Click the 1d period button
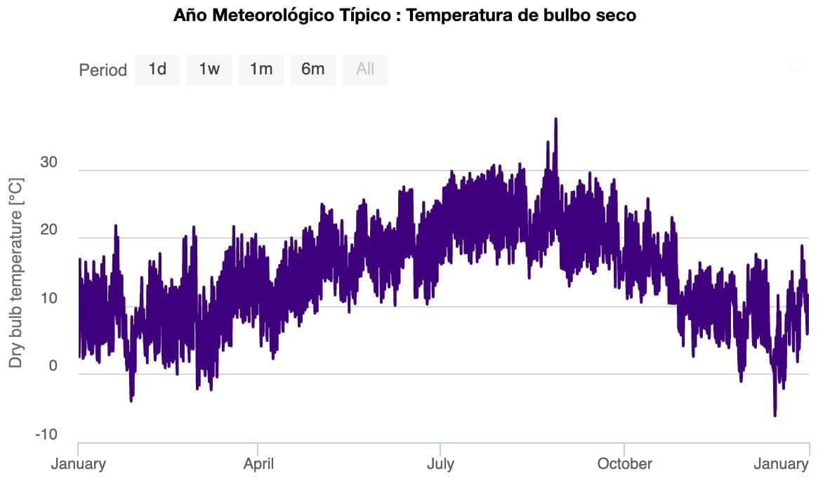(x=157, y=69)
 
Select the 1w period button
(x=209, y=69)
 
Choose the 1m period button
(x=261, y=69)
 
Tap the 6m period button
(x=313, y=69)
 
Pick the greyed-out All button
(x=365, y=69)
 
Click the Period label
(x=103, y=70)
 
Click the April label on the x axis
(x=258, y=464)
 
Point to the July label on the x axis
(x=440, y=464)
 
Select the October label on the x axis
(x=624, y=464)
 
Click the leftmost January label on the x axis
(x=78, y=464)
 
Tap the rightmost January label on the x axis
(x=781, y=464)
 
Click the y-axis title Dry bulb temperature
(x=16, y=272)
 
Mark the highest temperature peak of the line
(x=555, y=119)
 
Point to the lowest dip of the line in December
(x=775, y=416)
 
